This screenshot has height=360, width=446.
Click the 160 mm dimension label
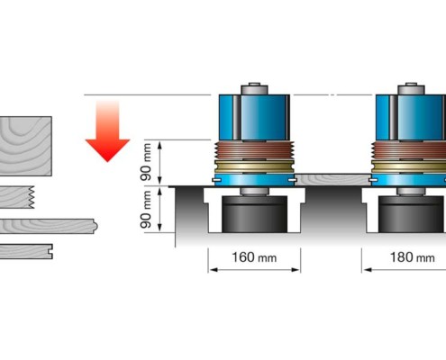[x=254, y=257]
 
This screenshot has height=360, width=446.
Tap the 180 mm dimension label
[x=412, y=257]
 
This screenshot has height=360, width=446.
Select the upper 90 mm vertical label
[x=146, y=162]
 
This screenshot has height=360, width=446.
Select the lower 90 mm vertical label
[x=146, y=209]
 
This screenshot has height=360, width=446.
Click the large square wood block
[x=25, y=146]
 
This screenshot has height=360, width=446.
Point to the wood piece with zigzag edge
[x=17, y=197]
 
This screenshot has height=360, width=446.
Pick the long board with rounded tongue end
[x=48, y=226]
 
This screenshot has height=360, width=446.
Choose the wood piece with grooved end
[x=26, y=251]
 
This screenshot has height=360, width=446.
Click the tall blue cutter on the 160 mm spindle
[x=254, y=117]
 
